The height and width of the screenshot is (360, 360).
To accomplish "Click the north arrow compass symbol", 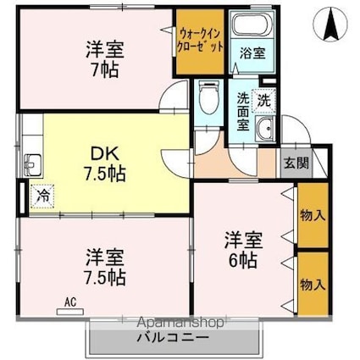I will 330,25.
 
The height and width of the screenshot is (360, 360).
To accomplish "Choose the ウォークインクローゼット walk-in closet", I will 201,42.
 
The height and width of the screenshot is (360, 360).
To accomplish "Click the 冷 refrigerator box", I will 41,194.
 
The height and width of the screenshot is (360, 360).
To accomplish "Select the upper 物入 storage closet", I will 313,216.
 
